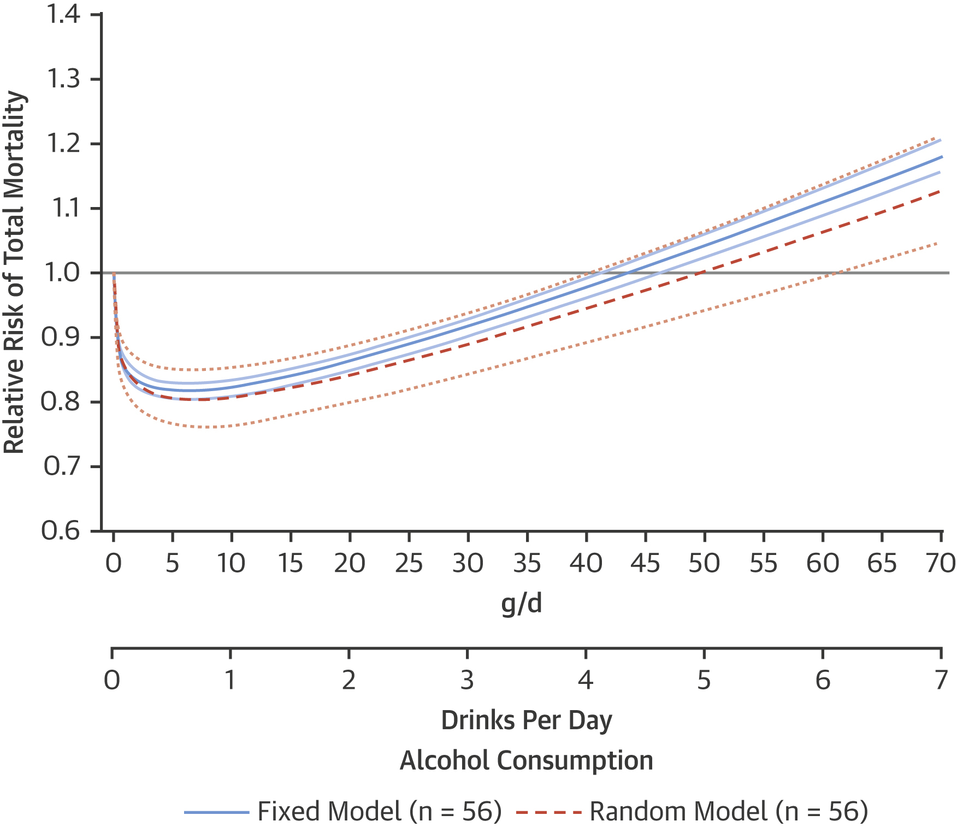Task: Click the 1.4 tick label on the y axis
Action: pyautogui.click(x=63, y=15)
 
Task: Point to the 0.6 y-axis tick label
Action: pyautogui.click(x=61, y=531)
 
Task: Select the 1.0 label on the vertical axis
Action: pyautogui.click(x=62, y=273)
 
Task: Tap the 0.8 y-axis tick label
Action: pyautogui.click(x=61, y=402)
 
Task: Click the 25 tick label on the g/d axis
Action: pyautogui.click(x=409, y=563)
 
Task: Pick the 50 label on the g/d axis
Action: pyautogui.click(x=704, y=563)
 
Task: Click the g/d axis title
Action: pyautogui.click(x=522, y=604)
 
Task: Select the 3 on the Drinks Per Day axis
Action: pyautogui.click(x=467, y=680)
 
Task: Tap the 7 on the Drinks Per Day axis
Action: pyautogui.click(x=941, y=680)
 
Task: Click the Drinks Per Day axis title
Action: pyautogui.click(x=527, y=720)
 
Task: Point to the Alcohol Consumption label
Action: pyautogui.click(x=527, y=760)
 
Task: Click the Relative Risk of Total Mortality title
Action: pyautogui.click(x=15, y=273)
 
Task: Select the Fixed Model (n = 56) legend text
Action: pyautogui.click(x=380, y=812)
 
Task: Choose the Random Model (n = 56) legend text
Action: pyautogui.click(x=729, y=812)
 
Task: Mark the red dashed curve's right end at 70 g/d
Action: pyautogui.click(x=940, y=191)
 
